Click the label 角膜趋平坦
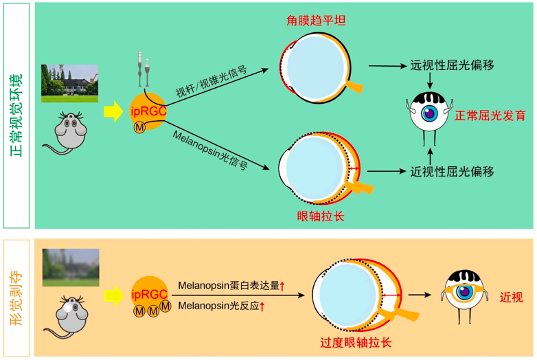316,21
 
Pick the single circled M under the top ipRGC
139,128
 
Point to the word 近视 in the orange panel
512,297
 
